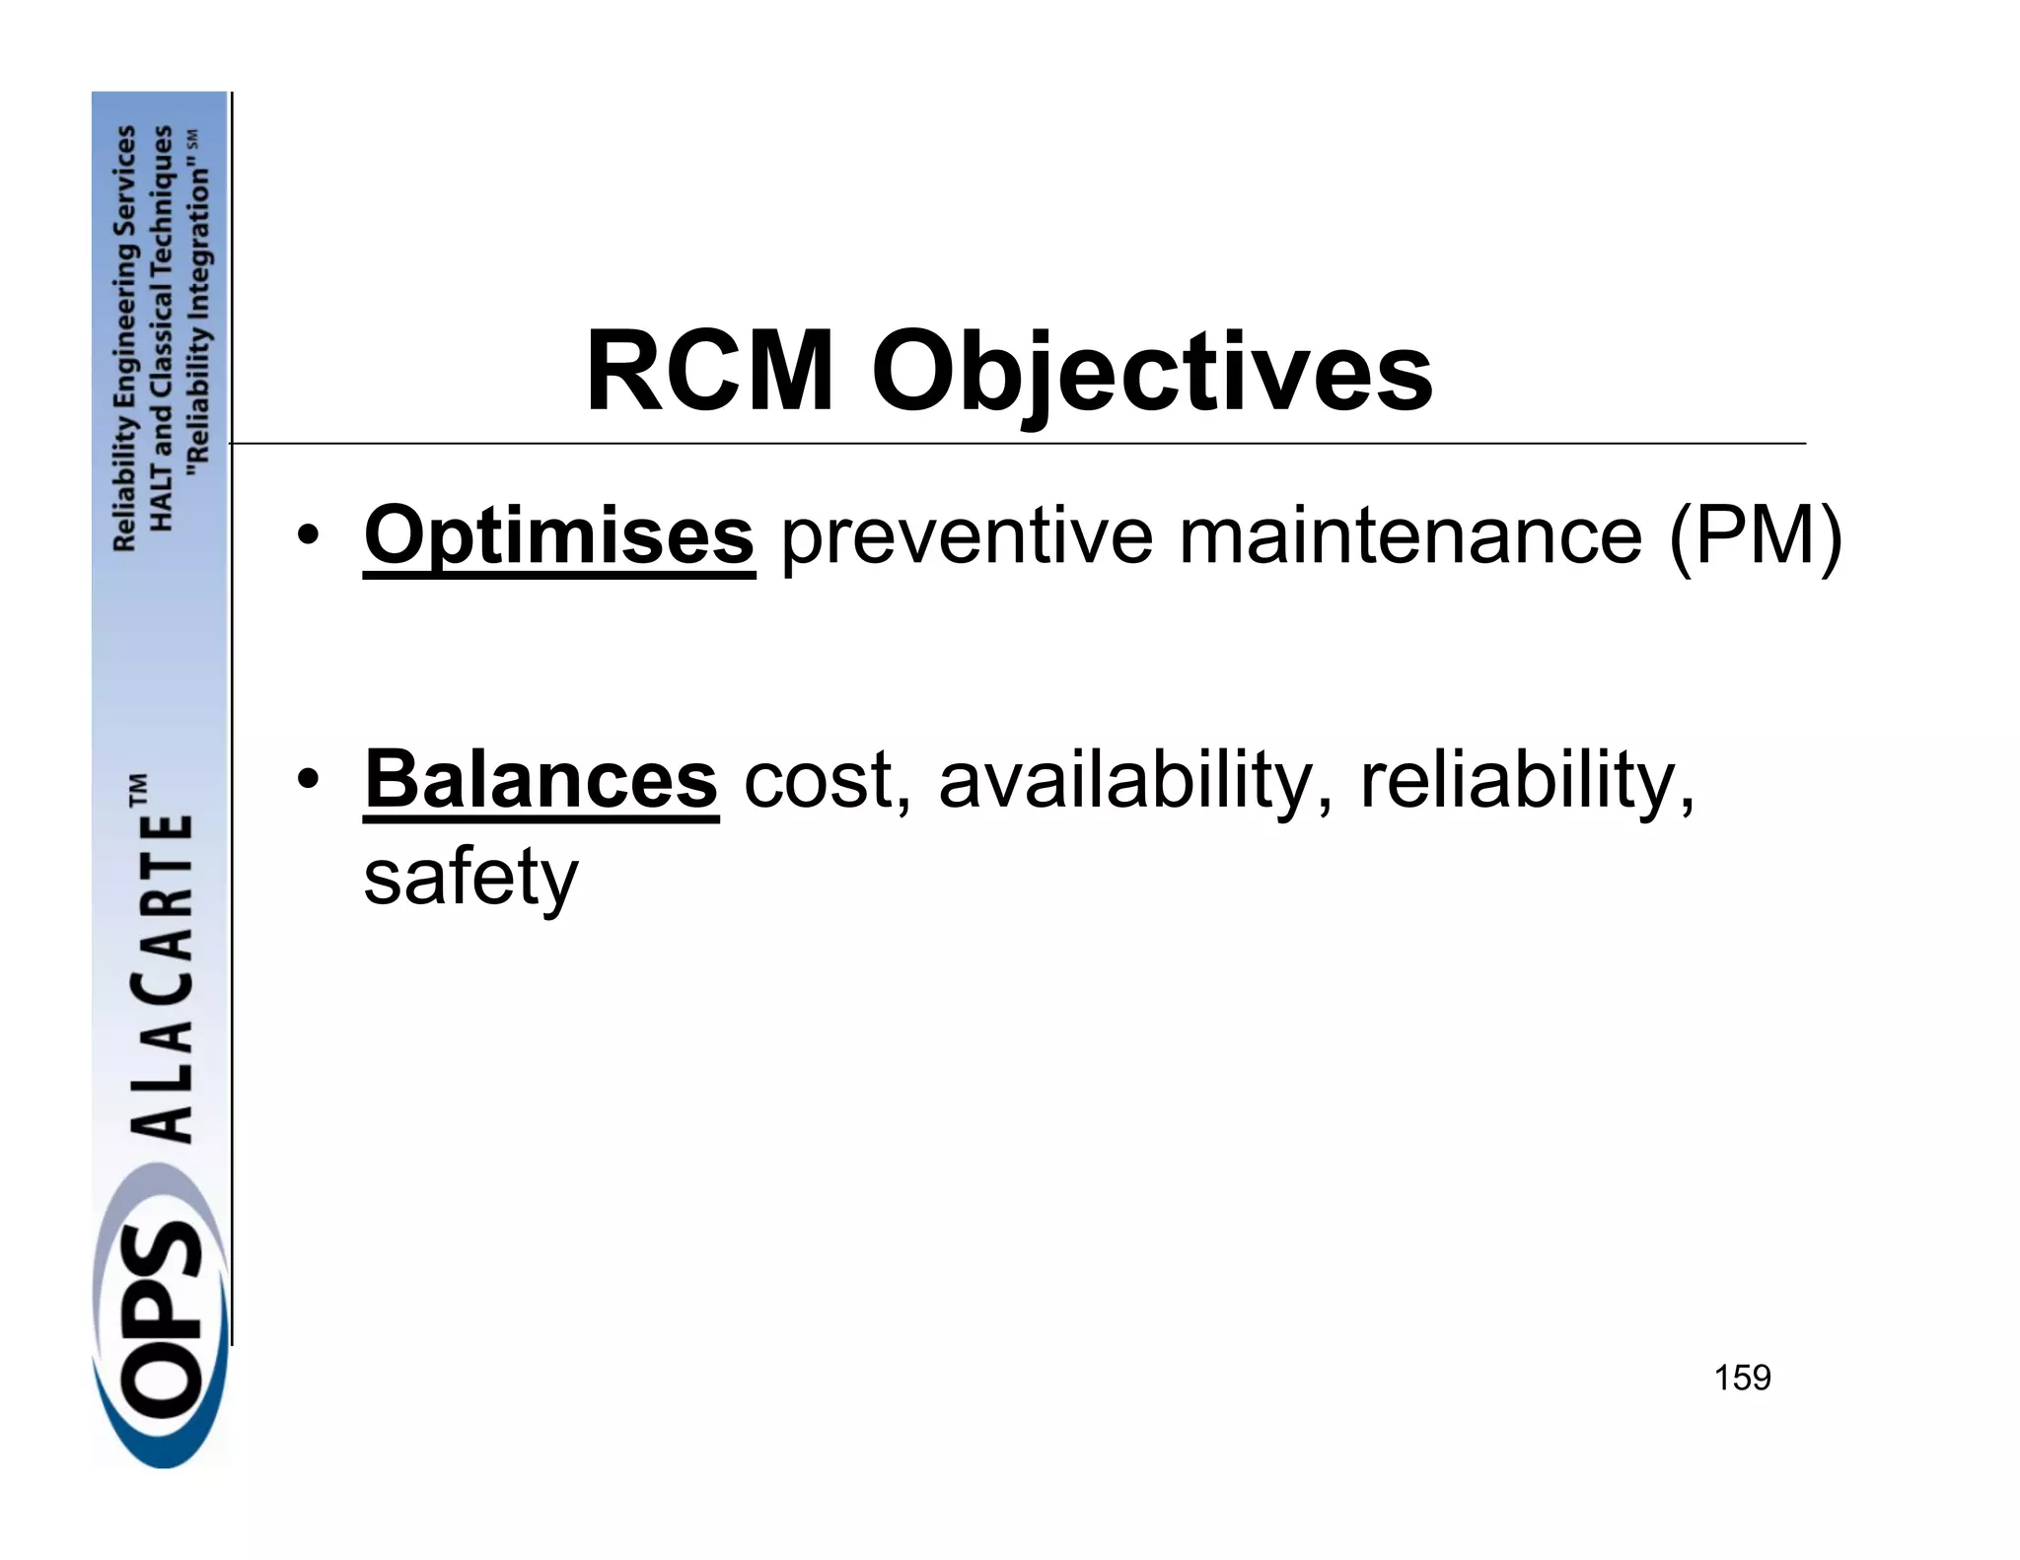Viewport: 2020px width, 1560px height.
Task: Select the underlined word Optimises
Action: point(559,535)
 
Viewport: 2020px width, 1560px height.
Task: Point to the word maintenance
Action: point(1410,535)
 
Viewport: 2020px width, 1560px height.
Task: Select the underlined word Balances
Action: point(541,780)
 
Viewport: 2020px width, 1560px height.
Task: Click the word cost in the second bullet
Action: point(818,780)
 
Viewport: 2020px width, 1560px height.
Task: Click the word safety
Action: point(470,878)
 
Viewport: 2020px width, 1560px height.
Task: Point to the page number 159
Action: point(1742,1378)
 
